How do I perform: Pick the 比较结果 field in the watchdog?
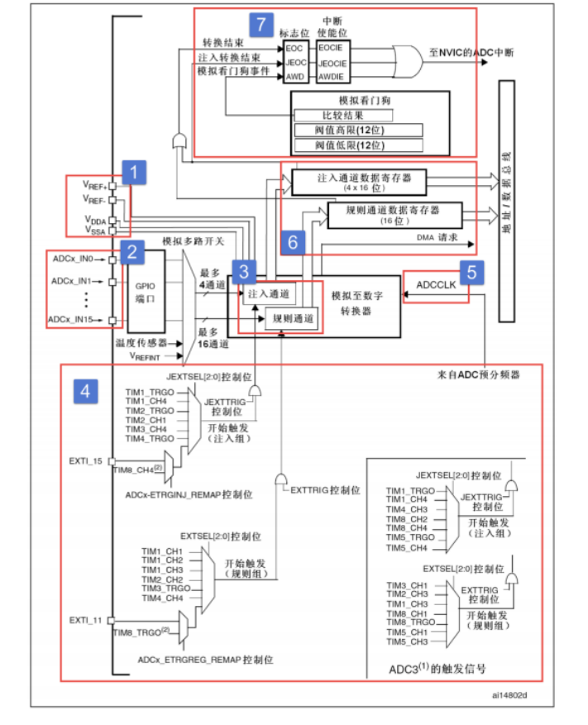click(342, 115)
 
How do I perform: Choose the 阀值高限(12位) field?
click(357, 130)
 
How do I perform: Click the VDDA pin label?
click(93, 220)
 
